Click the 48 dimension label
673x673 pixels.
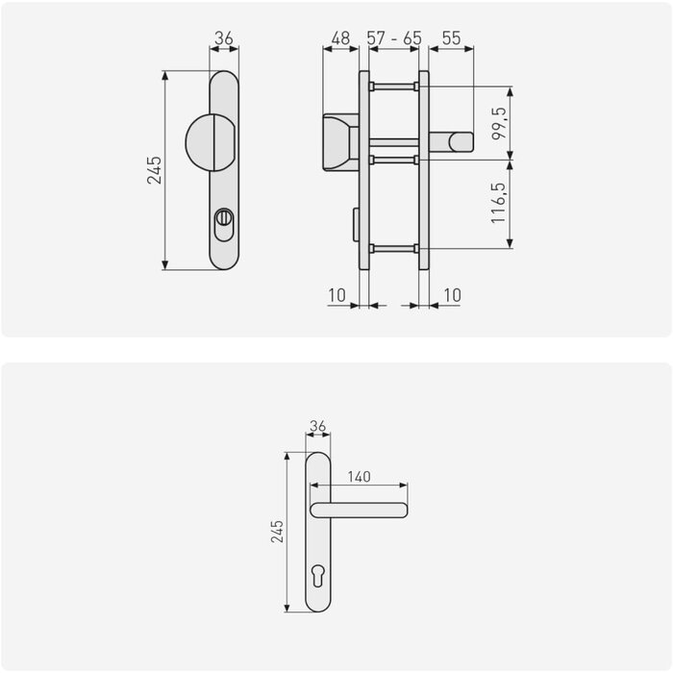coord(340,38)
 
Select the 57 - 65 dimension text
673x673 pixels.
coord(394,38)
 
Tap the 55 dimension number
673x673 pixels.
coord(452,38)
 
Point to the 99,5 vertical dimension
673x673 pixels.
coord(499,124)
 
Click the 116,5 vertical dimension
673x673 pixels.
coord(499,203)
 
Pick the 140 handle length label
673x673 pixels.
coord(360,477)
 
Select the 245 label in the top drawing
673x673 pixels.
coord(154,170)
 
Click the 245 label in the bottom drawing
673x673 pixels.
coord(277,532)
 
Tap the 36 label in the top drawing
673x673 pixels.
coord(224,38)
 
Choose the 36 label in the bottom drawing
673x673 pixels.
coord(317,426)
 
